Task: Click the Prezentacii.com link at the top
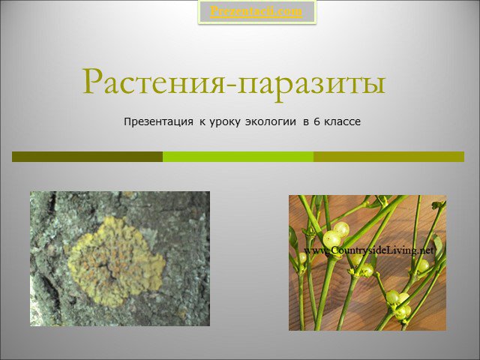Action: click(x=256, y=12)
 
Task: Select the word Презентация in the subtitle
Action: click(x=158, y=121)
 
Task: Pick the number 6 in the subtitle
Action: click(x=316, y=121)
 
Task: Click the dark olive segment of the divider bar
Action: click(x=88, y=157)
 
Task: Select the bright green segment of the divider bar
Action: click(x=238, y=157)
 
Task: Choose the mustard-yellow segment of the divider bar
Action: click(x=388, y=157)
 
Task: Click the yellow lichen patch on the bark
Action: click(x=115, y=261)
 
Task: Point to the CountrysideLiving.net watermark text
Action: click(x=369, y=250)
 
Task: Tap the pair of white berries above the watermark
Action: click(x=336, y=235)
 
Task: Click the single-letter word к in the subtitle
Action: click(x=202, y=122)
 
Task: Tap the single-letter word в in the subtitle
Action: click(x=305, y=122)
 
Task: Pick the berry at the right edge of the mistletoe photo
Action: click(x=423, y=265)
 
